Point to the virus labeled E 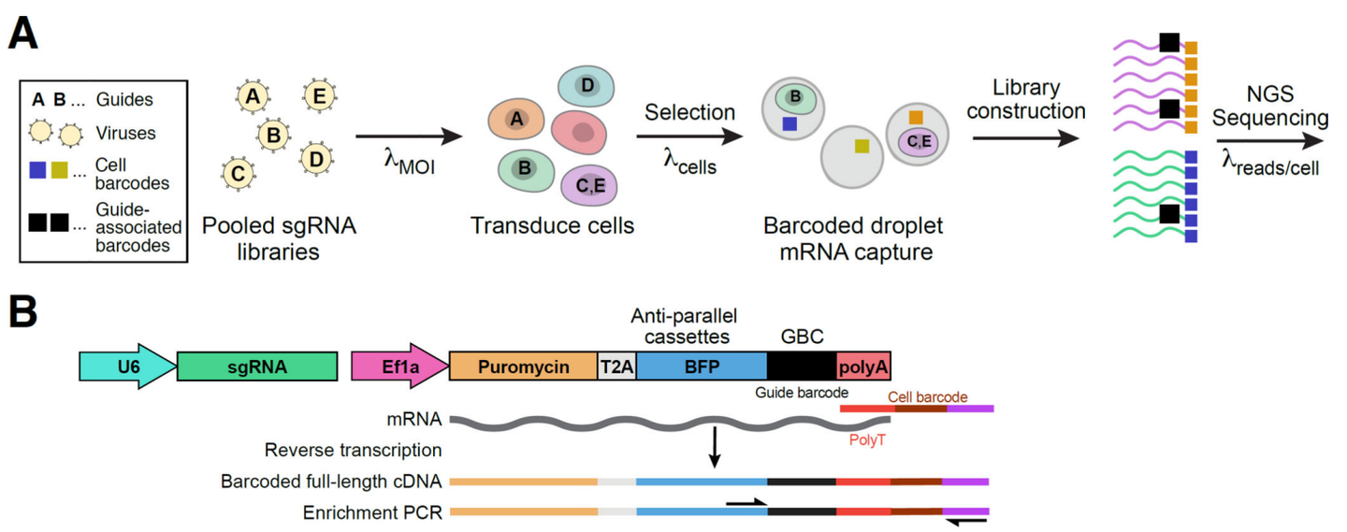pyautogui.click(x=320, y=94)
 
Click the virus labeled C pyautogui.click(x=239, y=173)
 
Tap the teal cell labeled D pyautogui.click(x=586, y=87)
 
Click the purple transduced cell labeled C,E pyautogui.click(x=588, y=187)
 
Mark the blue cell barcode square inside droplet pyautogui.click(x=790, y=123)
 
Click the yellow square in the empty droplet pyautogui.click(x=860, y=146)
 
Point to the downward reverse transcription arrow pyautogui.click(x=715, y=448)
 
